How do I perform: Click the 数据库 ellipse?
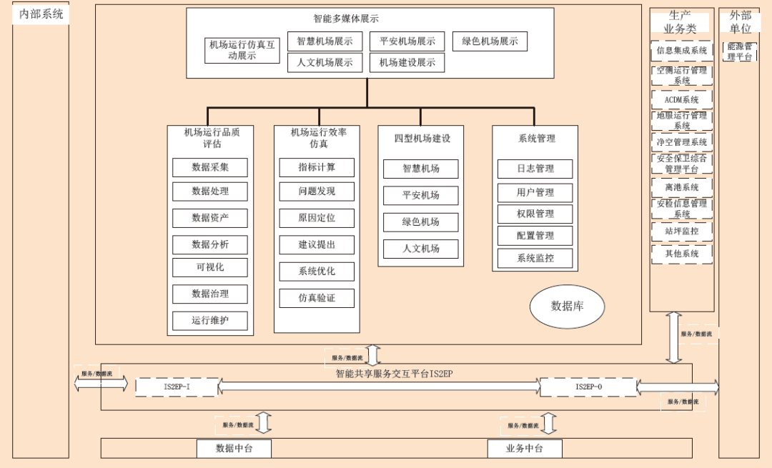(x=567, y=307)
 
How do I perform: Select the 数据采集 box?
(x=210, y=167)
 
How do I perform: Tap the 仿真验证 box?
(x=317, y=298)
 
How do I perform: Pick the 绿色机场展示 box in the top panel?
(x=490, y=41)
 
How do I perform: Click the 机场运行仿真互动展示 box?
(x=242, y=50)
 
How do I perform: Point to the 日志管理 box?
(x=535, y=169)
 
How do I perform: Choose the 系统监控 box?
(x=535, y=258)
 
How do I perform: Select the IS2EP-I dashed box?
(x=177, y=387)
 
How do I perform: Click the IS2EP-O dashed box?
(x=588, y=387)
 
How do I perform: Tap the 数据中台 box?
(x=234, y=449)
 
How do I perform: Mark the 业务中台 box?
(x=524, y=449)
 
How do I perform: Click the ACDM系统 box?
(x=681, y=100)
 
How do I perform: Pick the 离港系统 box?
(x=681, y=187)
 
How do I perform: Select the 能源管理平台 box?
(x=740, y=51)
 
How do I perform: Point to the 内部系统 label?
(x=41, y=14)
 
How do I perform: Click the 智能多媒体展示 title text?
(x=346, y=19)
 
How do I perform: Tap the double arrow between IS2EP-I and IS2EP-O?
(x=379, y=387)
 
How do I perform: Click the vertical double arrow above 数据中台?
(x=264, y=422)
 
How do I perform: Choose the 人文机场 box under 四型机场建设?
(x=420, y=249)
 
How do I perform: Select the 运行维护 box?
(x=210, y=320)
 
